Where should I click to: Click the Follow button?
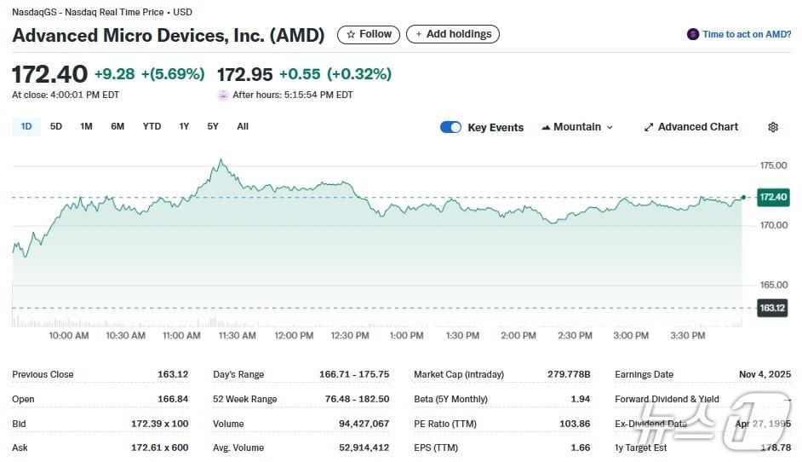coord(369,34)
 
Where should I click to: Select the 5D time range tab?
coord(56,126)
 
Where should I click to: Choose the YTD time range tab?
coord(152,126)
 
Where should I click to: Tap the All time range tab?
coord(243,126)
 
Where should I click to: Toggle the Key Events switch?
coord(450,127)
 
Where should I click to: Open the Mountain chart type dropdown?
coord(577,127)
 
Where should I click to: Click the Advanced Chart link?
coord(691,127)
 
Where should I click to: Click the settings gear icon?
coord(773,127)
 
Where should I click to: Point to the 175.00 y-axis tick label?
coord(774,165)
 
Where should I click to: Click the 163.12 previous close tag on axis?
coord(772,308)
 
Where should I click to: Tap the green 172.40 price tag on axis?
coord(773,197)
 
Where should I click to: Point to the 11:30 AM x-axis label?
coord(238,336)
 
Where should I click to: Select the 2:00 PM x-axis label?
coord(518,336)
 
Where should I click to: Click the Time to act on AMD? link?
coord(740,35)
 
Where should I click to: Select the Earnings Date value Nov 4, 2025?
coord(765,374)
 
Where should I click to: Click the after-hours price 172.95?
coord(244,74)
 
